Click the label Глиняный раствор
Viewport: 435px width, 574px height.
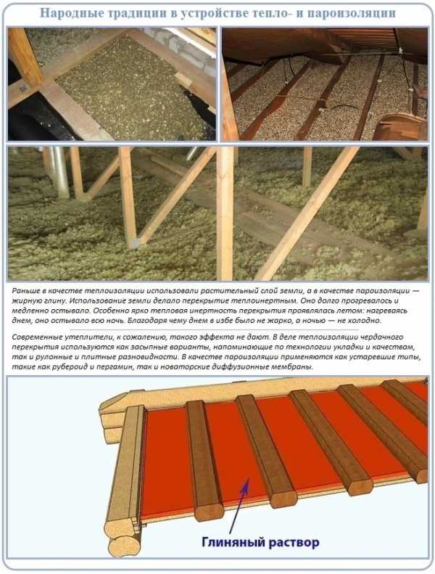[x=260, y=541]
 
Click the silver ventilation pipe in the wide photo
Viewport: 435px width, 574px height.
[x=59, y=171]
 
